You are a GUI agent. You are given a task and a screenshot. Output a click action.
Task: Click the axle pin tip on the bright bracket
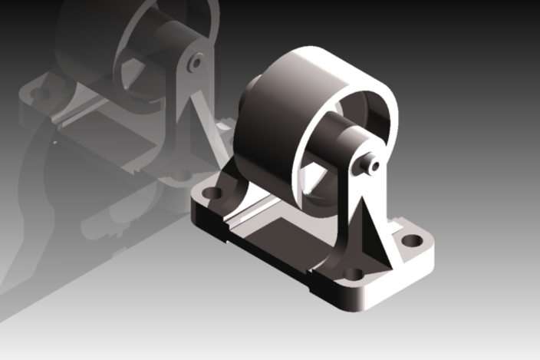374,165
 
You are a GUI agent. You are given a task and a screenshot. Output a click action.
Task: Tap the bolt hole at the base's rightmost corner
412,240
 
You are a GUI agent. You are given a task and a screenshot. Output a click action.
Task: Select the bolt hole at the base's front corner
353,274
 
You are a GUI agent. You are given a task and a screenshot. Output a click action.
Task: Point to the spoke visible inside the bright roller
314,180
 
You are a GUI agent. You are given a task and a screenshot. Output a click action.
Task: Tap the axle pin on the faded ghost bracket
196,61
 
